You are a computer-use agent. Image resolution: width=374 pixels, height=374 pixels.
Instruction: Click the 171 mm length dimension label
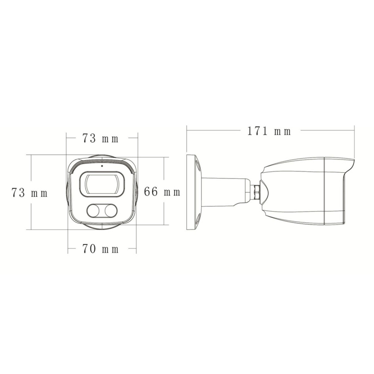(269, 131)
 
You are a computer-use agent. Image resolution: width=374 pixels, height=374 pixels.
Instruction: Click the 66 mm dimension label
(162, 192)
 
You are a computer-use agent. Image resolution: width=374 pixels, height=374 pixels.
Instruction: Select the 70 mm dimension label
(101, 249)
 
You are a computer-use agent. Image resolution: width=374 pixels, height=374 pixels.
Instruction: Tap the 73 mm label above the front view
(100, 139)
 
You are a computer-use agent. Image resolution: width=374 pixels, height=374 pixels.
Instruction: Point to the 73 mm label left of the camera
(29, 193)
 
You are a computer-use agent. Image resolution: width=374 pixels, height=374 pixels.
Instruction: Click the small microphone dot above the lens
(102, 166)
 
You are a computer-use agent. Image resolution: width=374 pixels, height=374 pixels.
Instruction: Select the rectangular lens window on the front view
(102, 185)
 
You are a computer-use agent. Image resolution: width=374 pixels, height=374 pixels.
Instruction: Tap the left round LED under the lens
(93, 211)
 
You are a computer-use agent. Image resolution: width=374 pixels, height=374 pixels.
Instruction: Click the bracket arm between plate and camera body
(224, 191)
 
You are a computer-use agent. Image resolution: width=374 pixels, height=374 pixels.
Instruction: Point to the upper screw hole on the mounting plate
(198, 165)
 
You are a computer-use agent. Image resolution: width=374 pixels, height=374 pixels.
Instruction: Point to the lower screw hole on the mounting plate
(198, 219)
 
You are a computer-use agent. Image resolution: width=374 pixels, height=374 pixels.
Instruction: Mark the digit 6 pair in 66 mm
(152, 192)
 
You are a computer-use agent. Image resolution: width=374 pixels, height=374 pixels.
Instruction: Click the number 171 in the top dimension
(258, 131)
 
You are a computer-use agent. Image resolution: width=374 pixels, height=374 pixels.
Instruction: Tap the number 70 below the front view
(89, 249)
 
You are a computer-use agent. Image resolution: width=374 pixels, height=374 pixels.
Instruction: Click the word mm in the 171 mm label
(282, 132)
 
